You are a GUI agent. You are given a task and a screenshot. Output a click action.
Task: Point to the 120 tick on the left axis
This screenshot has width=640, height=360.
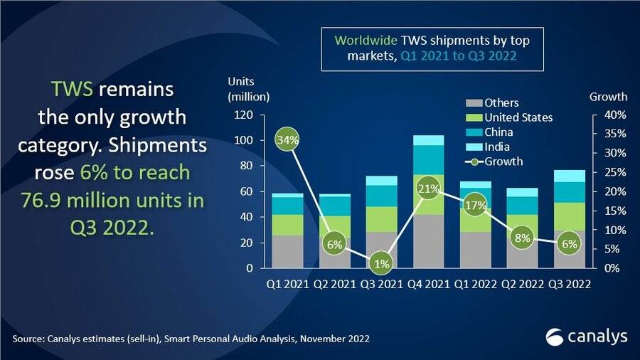(x=243, y=115)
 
